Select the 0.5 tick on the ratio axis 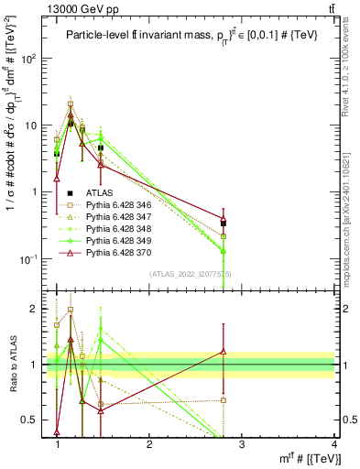[35, 420]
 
